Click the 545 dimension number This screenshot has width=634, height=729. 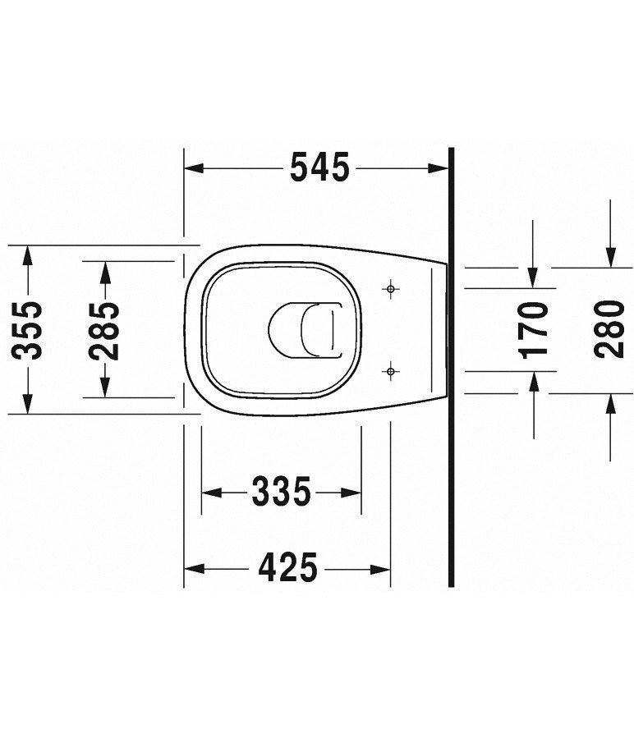[x=319, y=168]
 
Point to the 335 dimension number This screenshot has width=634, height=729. [x=281, y=493]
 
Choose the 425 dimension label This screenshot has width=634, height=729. [x=287, y=566]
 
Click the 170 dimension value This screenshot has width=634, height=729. [x=535, y=328]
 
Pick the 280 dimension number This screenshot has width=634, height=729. [x=610, y=328]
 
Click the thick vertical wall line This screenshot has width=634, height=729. [x=452, y=369]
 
